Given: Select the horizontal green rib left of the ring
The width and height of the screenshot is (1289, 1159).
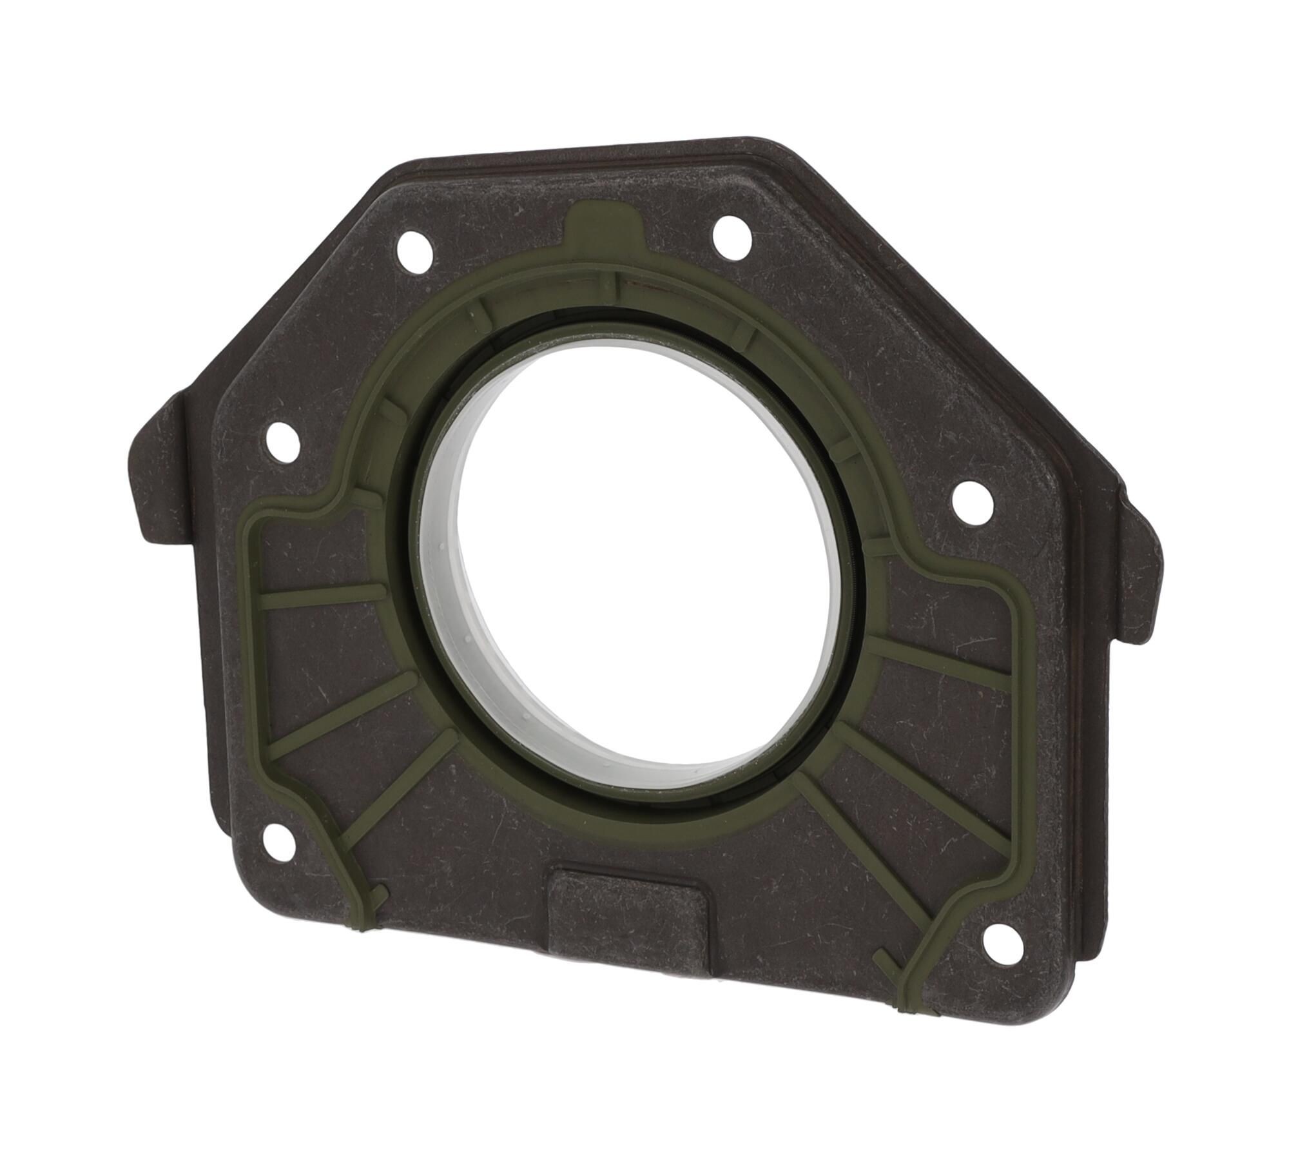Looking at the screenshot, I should pos(322,597).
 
